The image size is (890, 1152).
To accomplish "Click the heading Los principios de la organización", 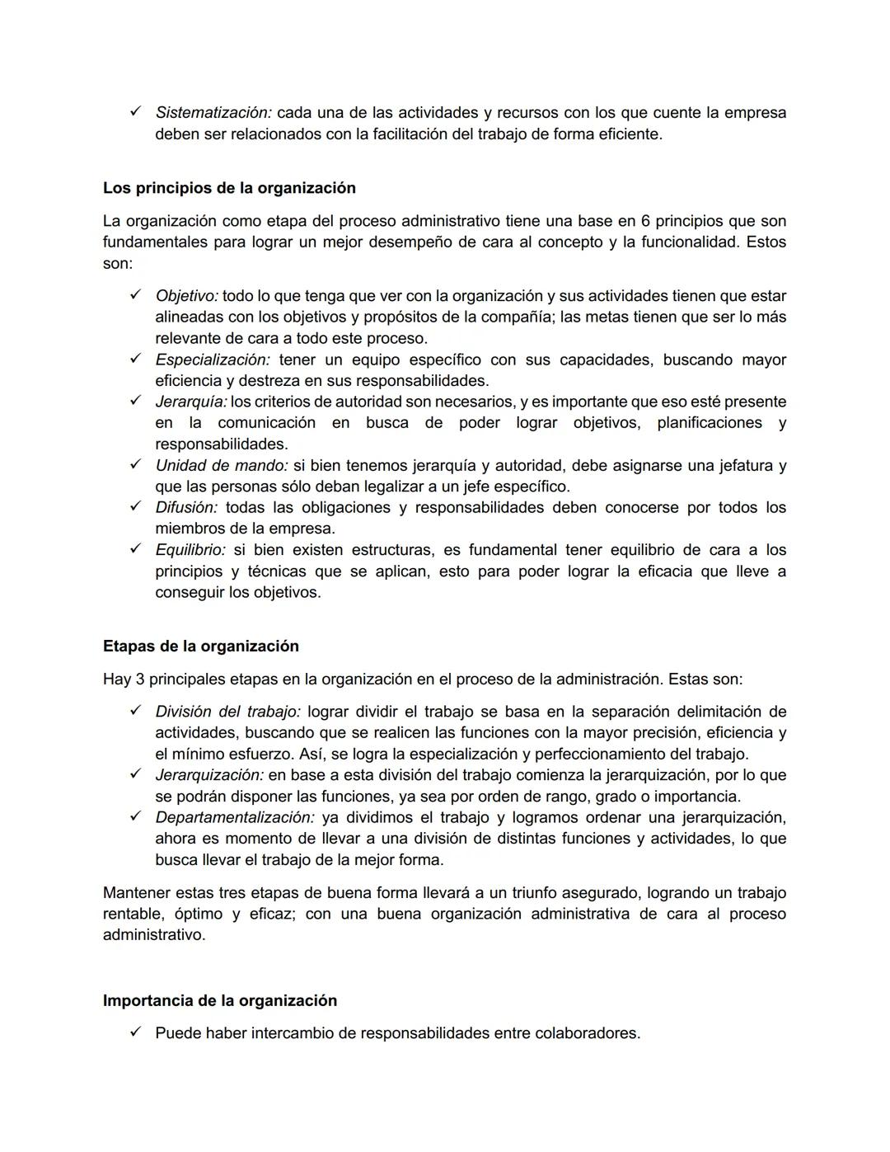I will click(229, 188).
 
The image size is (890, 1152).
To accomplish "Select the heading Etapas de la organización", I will click(200, 646).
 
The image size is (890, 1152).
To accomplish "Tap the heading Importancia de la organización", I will click(219, 1000).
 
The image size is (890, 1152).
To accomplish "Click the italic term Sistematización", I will click(213, 112).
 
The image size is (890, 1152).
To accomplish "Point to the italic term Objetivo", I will click(186, 296).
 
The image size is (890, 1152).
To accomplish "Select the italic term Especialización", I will click(212, 360).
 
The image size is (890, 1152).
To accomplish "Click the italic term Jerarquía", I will click(191, 402).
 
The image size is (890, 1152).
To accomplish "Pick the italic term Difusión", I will click(186, 507).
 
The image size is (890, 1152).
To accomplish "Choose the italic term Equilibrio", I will click(190, 550).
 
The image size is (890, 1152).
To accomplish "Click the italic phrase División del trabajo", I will click(227, 711).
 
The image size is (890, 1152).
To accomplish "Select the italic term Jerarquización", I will click(209, 775).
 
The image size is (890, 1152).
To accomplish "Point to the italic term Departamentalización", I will click(235, 817).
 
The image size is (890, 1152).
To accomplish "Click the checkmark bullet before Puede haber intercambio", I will click(136, 1032).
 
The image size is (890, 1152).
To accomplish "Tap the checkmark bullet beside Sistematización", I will click(136, 111).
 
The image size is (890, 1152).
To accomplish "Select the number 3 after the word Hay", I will click(139, 679).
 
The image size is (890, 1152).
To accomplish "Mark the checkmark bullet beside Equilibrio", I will click(136, 549).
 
